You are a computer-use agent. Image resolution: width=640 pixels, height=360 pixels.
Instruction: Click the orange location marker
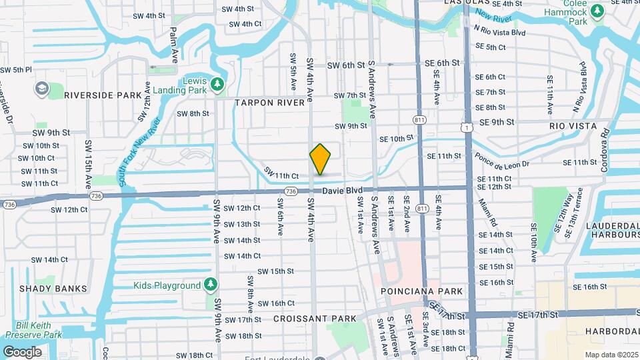[x=320, y=160]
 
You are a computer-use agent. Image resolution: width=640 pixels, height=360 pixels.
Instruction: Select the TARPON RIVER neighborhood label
[x=273, y=103]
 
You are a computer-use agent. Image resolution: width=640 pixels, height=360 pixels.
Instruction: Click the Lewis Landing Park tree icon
[x=217, y=83]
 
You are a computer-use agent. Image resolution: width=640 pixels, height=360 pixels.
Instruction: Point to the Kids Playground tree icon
[x=211, y=285]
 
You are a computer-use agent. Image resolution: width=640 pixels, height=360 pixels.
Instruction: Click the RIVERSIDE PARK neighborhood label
[x=103, y=95]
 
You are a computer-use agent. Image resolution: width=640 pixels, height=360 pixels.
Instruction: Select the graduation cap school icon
[x=41, y=88]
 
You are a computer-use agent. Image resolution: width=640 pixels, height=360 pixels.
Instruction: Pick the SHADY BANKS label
[x=53, y=289]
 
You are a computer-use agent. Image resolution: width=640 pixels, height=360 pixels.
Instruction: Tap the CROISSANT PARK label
[x=315, y=319]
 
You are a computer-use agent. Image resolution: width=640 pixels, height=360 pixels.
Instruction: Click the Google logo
[x=22, y=351]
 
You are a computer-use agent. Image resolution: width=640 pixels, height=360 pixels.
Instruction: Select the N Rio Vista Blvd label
[x=499, y=31]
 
